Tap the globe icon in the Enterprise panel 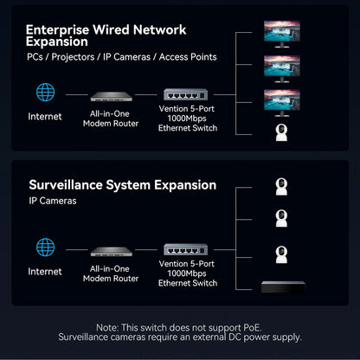45,93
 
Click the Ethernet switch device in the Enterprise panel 188,95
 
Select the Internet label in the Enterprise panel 45,116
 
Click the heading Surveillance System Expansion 122,184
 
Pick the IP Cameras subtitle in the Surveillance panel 53,201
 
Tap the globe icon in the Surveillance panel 45,248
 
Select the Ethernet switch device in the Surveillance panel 188,251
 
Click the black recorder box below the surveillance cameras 289,285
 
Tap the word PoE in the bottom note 253,327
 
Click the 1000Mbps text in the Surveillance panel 189,273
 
